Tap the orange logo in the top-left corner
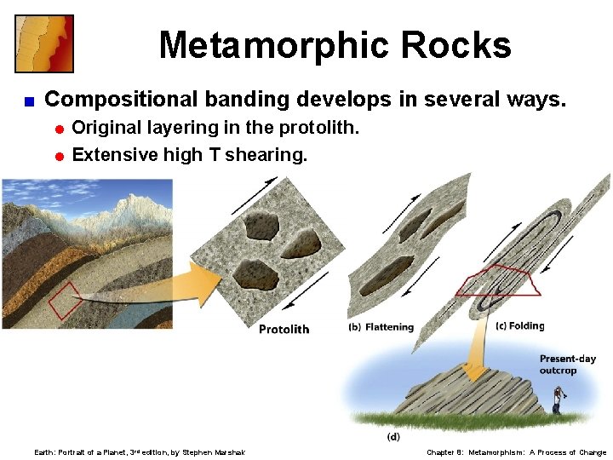[x=44, y=43]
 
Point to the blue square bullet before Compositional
[x=28, y=101]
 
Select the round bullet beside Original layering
[x=60, y=129]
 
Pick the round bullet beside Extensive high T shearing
[x=60, y=156]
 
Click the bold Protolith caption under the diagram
[x=284, y=330]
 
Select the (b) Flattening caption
[x=381, y=327]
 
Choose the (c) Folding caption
[x=519, y=326]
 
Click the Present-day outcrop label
[x=568, y=365]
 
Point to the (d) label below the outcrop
[x=393, y=437]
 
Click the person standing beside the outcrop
[x=558, y=399]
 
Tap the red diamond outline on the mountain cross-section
[x=65, y=300]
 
